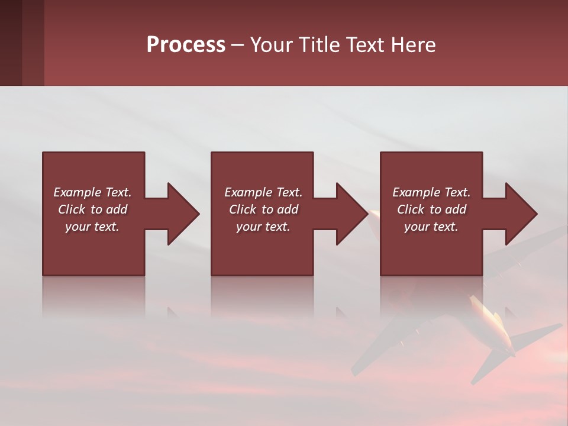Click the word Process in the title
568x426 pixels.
pyautogui.click(x=186, y=45)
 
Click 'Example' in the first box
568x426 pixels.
pyautogui.click(x=78, y=192)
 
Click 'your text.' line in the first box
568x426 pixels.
pyautogui.click(x=92, y=227)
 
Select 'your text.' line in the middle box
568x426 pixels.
pyautogui.click(x=263, y=227)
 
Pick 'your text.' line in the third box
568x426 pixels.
pyautogui.click(x=431, y=227)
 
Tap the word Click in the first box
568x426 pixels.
pyautogui.click(x=72, y=209)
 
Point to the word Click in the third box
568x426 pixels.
pyautogui.click(x=411, y=209)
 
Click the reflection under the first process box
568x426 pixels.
pyautogui.click(x=93, y=296)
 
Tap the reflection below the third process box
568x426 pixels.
pyautogui.click(x=431, y=296)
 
